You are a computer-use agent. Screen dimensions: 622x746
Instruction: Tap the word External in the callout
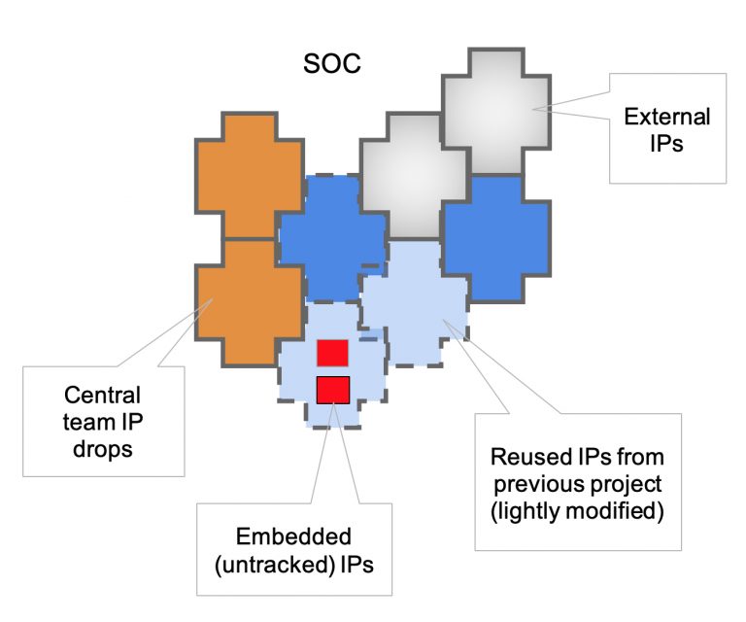tap(666, 118)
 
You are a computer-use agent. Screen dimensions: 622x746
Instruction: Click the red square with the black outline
tap(333, 389)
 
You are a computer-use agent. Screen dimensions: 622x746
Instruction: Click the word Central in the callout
tap(102, 396)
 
